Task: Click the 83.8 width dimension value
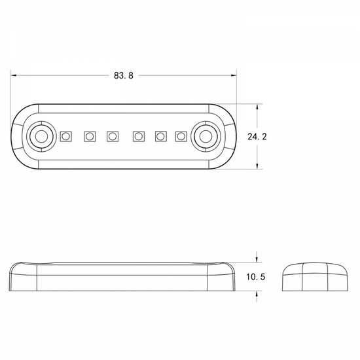123,75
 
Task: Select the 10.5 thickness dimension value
255,278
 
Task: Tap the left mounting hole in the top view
41,136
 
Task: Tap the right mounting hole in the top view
206,136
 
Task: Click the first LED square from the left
65,136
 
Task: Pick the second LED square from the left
89,136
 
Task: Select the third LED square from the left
112,136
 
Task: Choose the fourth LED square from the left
137,136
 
